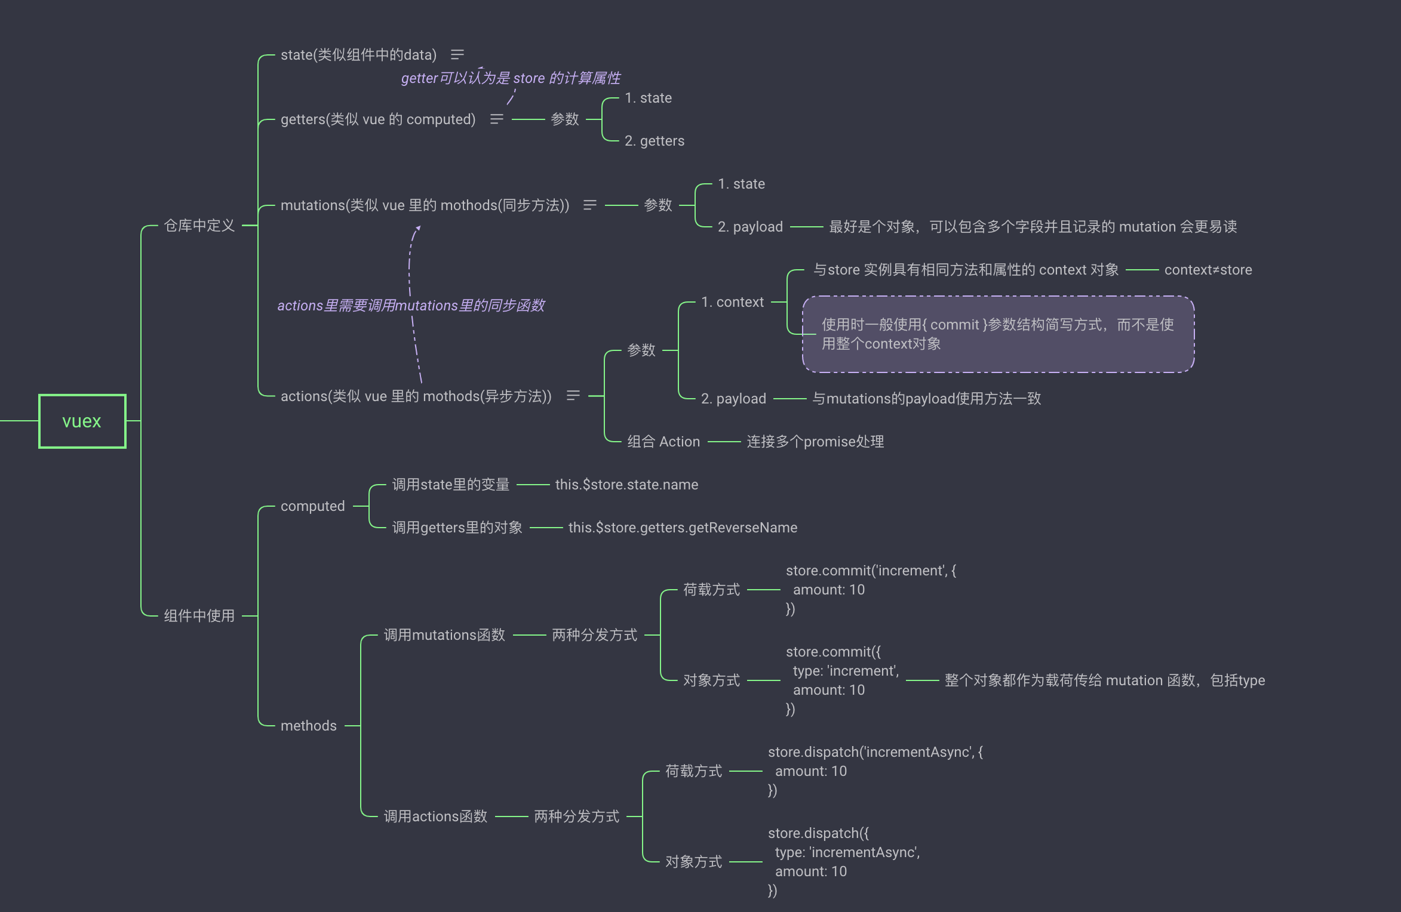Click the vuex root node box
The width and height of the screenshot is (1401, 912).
tap(82, 421)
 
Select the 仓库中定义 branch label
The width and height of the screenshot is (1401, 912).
tap(199, 226)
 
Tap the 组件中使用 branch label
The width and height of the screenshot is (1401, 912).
tap(199, 616)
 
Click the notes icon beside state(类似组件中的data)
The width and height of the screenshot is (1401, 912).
tap(457, 55)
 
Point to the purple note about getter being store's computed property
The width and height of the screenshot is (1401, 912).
tap(511, 78)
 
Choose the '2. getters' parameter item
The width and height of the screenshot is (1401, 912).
tap(655, 141)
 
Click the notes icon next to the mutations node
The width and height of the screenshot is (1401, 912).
tap(590, 205)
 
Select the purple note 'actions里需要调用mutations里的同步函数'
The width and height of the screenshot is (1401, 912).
tap(411, 306)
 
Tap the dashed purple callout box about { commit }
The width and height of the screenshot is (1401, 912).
tap(998, 334)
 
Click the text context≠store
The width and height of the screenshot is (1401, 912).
tap(1208, 270)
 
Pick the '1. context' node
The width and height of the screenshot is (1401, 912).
tap(732, 302)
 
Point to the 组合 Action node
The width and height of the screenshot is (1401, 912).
tap(663, 442)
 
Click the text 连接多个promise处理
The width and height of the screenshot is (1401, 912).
tap(815, 442)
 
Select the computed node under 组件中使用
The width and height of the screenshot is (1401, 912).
tap(313, 506)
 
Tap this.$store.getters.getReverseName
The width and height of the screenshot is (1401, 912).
tap(683, 528)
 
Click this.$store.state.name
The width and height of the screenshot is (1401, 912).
tap(626, 485)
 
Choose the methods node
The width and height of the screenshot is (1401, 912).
tap(309, 726)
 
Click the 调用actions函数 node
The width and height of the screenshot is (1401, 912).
tap(435, 817)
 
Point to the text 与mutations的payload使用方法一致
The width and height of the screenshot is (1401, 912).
tap(926, 399)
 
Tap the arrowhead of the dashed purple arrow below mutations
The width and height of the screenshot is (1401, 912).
tap(418, 228)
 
